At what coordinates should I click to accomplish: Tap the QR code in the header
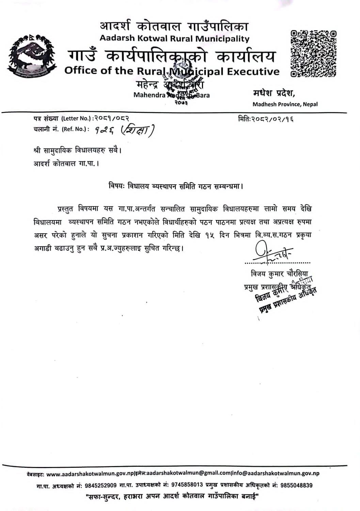coord(313,53)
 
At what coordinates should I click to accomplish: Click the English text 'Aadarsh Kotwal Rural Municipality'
coord(174,38)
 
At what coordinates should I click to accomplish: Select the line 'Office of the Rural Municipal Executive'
coord(172,71)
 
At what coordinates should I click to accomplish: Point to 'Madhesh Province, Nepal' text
coord(285,104)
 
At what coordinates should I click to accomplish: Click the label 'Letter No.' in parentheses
coord(76,119)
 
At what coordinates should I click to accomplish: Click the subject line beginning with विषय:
coord(176,186)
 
